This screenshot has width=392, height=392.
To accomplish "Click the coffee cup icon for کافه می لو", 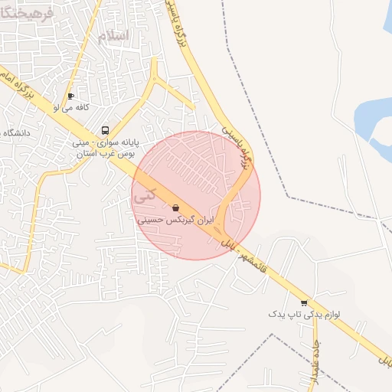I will pos(70,96).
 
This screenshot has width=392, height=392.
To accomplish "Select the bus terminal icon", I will pos(105,130).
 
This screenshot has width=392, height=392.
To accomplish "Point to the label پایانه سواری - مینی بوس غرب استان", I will pos(104,147).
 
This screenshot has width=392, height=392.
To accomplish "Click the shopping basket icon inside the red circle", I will pos(176,207).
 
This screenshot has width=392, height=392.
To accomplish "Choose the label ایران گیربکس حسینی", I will pos(173,220).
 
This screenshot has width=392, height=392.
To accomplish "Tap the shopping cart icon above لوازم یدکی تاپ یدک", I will pos(304,302).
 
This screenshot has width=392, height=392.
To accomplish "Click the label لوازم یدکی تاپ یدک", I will pos(304,314).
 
